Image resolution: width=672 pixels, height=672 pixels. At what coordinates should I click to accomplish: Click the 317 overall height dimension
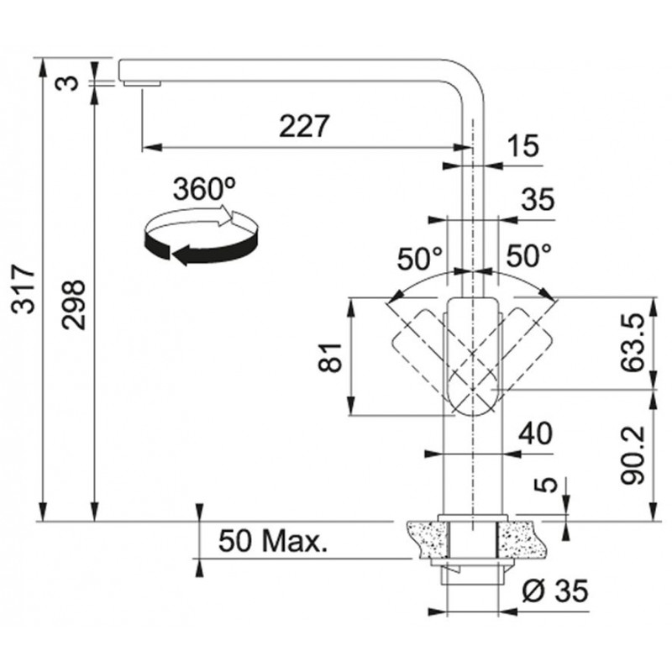pos(24,289)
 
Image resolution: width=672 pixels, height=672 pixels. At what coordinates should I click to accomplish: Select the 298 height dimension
pos(73,304)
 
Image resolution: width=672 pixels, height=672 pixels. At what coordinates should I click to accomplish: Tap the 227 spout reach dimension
pos(304,125)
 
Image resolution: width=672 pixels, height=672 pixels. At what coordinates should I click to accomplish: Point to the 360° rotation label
pos(204,189)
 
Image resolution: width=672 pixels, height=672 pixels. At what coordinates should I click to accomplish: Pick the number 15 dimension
pos(522,145)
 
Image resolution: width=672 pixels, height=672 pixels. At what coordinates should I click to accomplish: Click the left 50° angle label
pos(419,259)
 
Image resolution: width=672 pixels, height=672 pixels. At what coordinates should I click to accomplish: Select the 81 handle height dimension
pos(330,357)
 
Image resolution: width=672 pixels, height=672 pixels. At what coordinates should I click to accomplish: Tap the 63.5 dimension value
pos(633,342)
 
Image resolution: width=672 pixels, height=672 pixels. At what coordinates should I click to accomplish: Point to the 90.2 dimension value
pos(633,454)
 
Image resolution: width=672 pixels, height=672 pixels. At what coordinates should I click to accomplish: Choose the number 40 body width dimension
pos(536,433)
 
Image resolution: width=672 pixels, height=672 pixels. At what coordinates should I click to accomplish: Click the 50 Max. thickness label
pos(272,541)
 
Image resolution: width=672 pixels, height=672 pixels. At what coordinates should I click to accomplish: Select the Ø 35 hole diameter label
pos(555,591)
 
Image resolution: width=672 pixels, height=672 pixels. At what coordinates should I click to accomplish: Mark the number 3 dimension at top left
pos(68,82)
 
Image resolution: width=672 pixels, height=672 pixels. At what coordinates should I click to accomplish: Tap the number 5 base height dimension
pos(545,485)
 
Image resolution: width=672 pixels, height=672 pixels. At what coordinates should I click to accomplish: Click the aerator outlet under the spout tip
pos(142,83)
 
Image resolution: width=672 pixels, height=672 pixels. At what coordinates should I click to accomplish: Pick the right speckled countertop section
pos(523,541)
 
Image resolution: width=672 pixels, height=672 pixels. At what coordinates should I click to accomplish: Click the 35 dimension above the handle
pos(538,200)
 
